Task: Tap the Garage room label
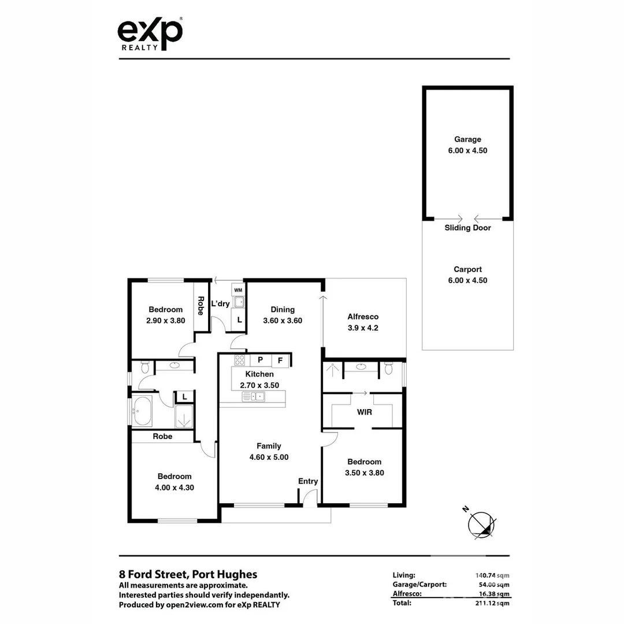[x=467, y=139]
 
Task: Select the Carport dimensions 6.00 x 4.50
[x=467, y=281]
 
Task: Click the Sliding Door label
[x=467, y=228]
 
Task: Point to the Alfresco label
[x=363, y=317]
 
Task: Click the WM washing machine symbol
[x=238, y=289]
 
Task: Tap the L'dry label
[x=220, y=303]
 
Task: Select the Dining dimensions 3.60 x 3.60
[x=283, y=321]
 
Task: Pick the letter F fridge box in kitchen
[x=280, y=361]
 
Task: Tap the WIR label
[x=364, y=413]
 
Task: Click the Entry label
[x=308, y=481]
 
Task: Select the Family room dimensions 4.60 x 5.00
[x=269, y=457]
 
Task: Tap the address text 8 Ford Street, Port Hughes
[x=188, y=574]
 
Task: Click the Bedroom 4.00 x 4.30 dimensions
[x=174, y=487]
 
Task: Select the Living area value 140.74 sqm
[x=491, y=575]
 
